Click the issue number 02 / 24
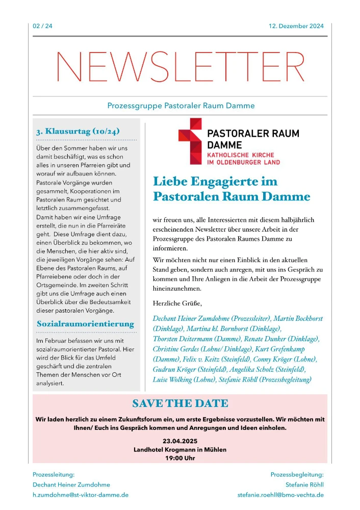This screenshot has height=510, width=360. pos(42,27)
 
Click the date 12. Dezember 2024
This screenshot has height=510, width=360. pos(296,27)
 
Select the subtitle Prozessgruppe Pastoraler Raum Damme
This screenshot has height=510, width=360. pos(181,106)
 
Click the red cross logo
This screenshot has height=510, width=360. pos(190,141)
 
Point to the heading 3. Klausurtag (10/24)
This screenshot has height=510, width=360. pos(78,131)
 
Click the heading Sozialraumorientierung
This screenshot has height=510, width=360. pos(85,324)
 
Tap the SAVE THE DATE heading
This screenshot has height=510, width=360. pos(180,404)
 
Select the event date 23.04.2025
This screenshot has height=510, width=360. pos(180,441)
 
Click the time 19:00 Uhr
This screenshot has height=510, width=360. pos(180,458)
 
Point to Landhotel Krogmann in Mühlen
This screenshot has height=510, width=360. pos(180,449)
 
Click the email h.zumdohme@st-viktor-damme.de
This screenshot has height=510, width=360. pos(81,495)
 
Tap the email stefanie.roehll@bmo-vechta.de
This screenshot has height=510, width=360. pos(280,495)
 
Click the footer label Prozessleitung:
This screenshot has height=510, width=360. pos(54,474)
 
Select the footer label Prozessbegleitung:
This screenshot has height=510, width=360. pos(297,474)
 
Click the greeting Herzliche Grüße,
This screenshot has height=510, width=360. pos(177,303)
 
